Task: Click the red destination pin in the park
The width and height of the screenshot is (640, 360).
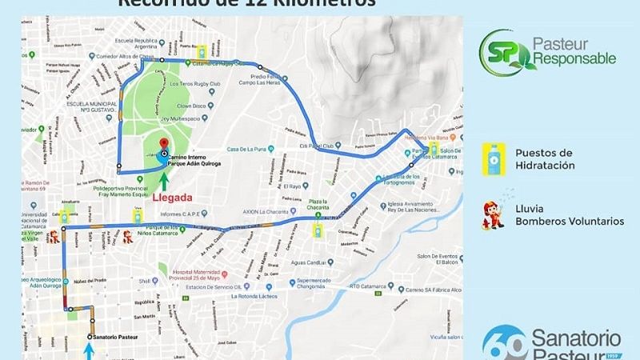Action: pyautogui.click(x=163, y=142)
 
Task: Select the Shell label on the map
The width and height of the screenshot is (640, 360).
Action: pyautogui.click(x=144, y=282)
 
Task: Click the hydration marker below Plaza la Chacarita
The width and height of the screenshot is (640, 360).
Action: pyautogui.click(x=318, y=231)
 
